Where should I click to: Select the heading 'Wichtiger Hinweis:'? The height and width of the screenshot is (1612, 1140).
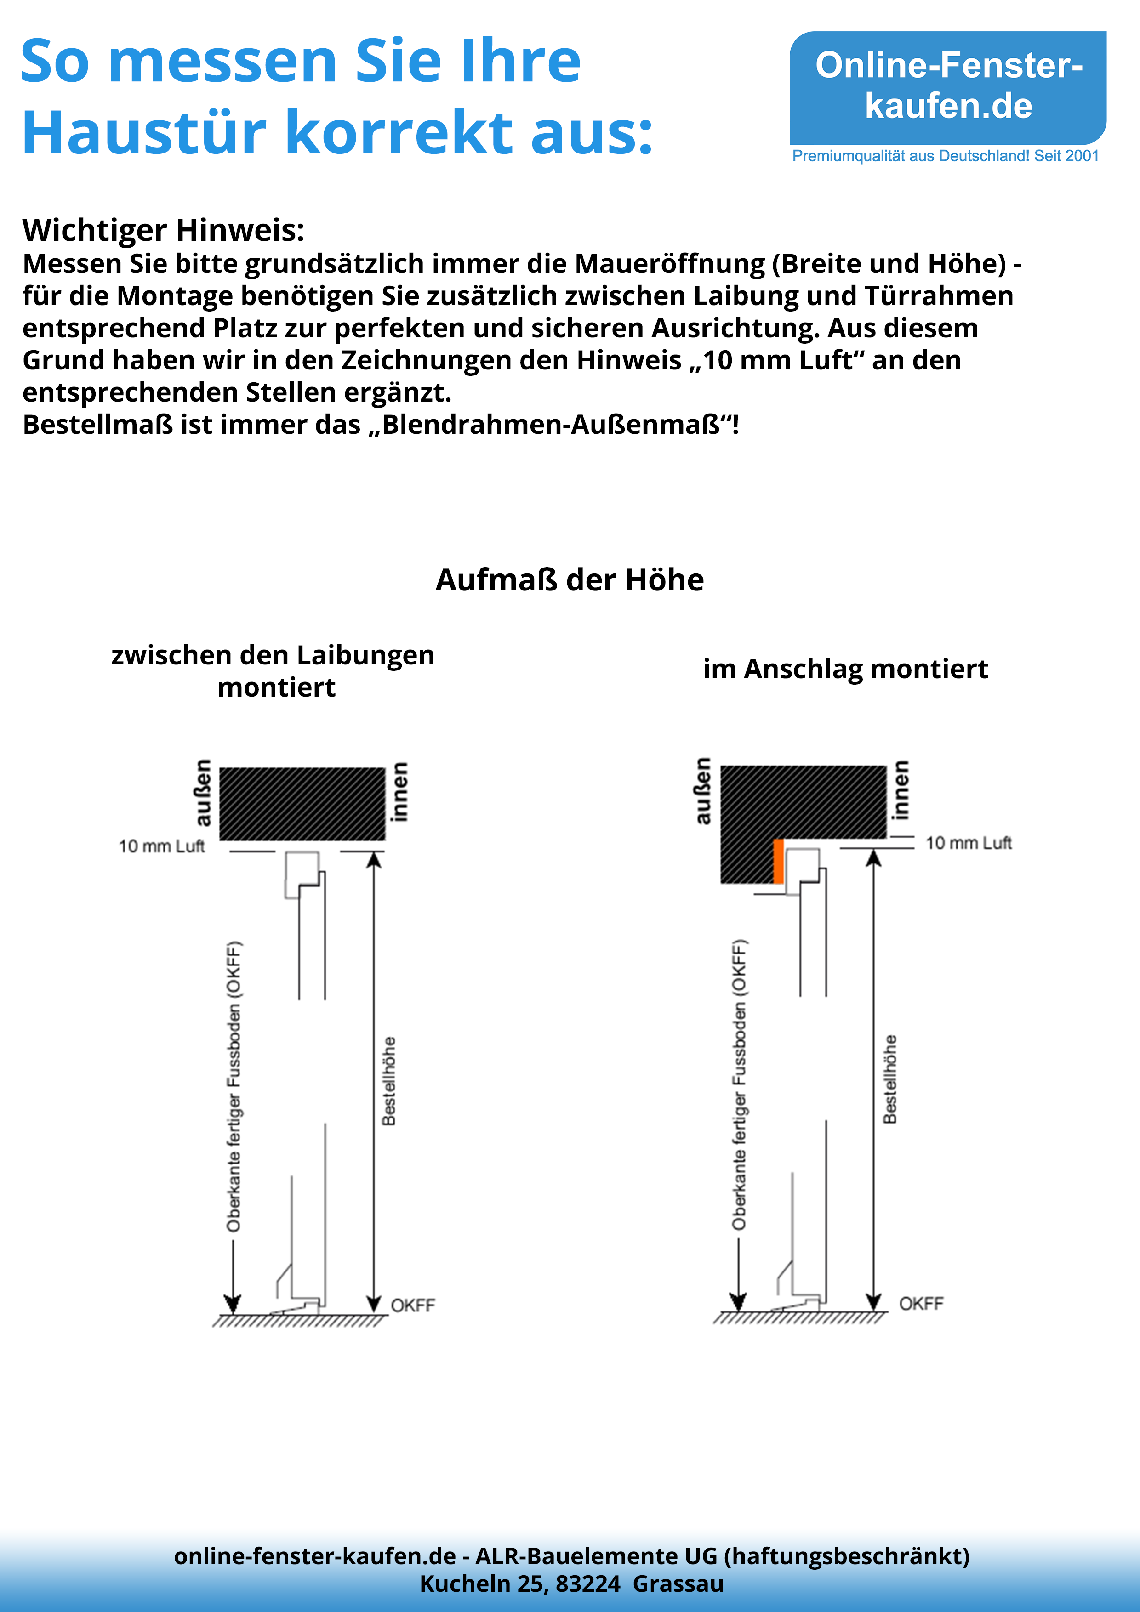163,230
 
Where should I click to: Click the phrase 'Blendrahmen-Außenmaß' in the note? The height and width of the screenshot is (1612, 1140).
552,425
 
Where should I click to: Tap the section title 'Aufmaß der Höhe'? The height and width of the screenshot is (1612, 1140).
569,580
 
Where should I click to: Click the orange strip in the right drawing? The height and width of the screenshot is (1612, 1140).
778,861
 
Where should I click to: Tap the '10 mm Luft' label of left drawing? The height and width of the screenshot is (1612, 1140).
161,846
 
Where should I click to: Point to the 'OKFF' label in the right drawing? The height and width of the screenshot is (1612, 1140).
921,1303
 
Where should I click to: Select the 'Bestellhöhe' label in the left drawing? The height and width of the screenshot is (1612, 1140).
388,1081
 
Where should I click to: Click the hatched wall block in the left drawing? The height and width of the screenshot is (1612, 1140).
302,803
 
